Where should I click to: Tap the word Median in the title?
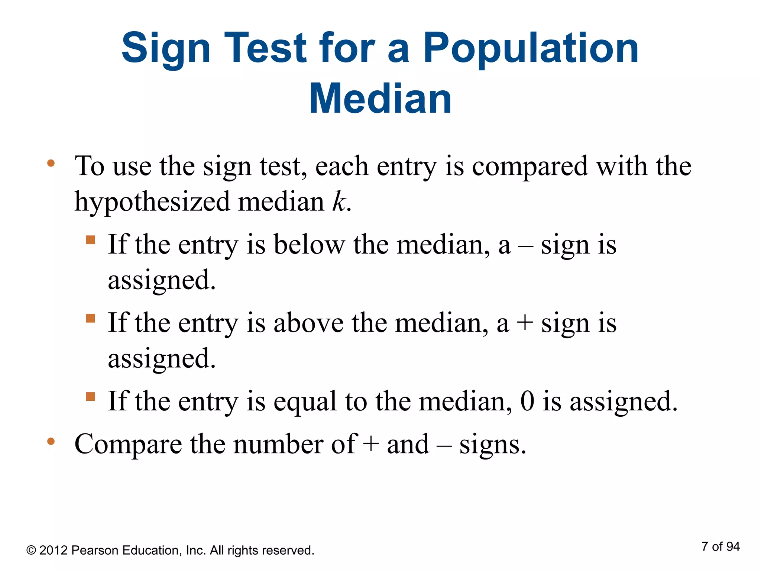tap(380, 99)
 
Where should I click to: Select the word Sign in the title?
tap(166, 48)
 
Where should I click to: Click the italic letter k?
tap(339, 202)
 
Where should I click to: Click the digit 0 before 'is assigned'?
tap(527, 401)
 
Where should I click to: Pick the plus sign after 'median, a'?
tap(525, 323)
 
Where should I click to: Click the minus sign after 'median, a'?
tap(525, 246)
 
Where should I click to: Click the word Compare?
tap(128, 445)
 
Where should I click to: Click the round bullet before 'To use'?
tap(51, 163)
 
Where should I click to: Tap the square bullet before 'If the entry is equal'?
tap(90, 397)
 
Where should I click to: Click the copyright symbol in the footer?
tap(31, 550)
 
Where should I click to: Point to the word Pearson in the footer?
tap(95, 550)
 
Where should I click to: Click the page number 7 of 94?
tap(720, 546)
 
